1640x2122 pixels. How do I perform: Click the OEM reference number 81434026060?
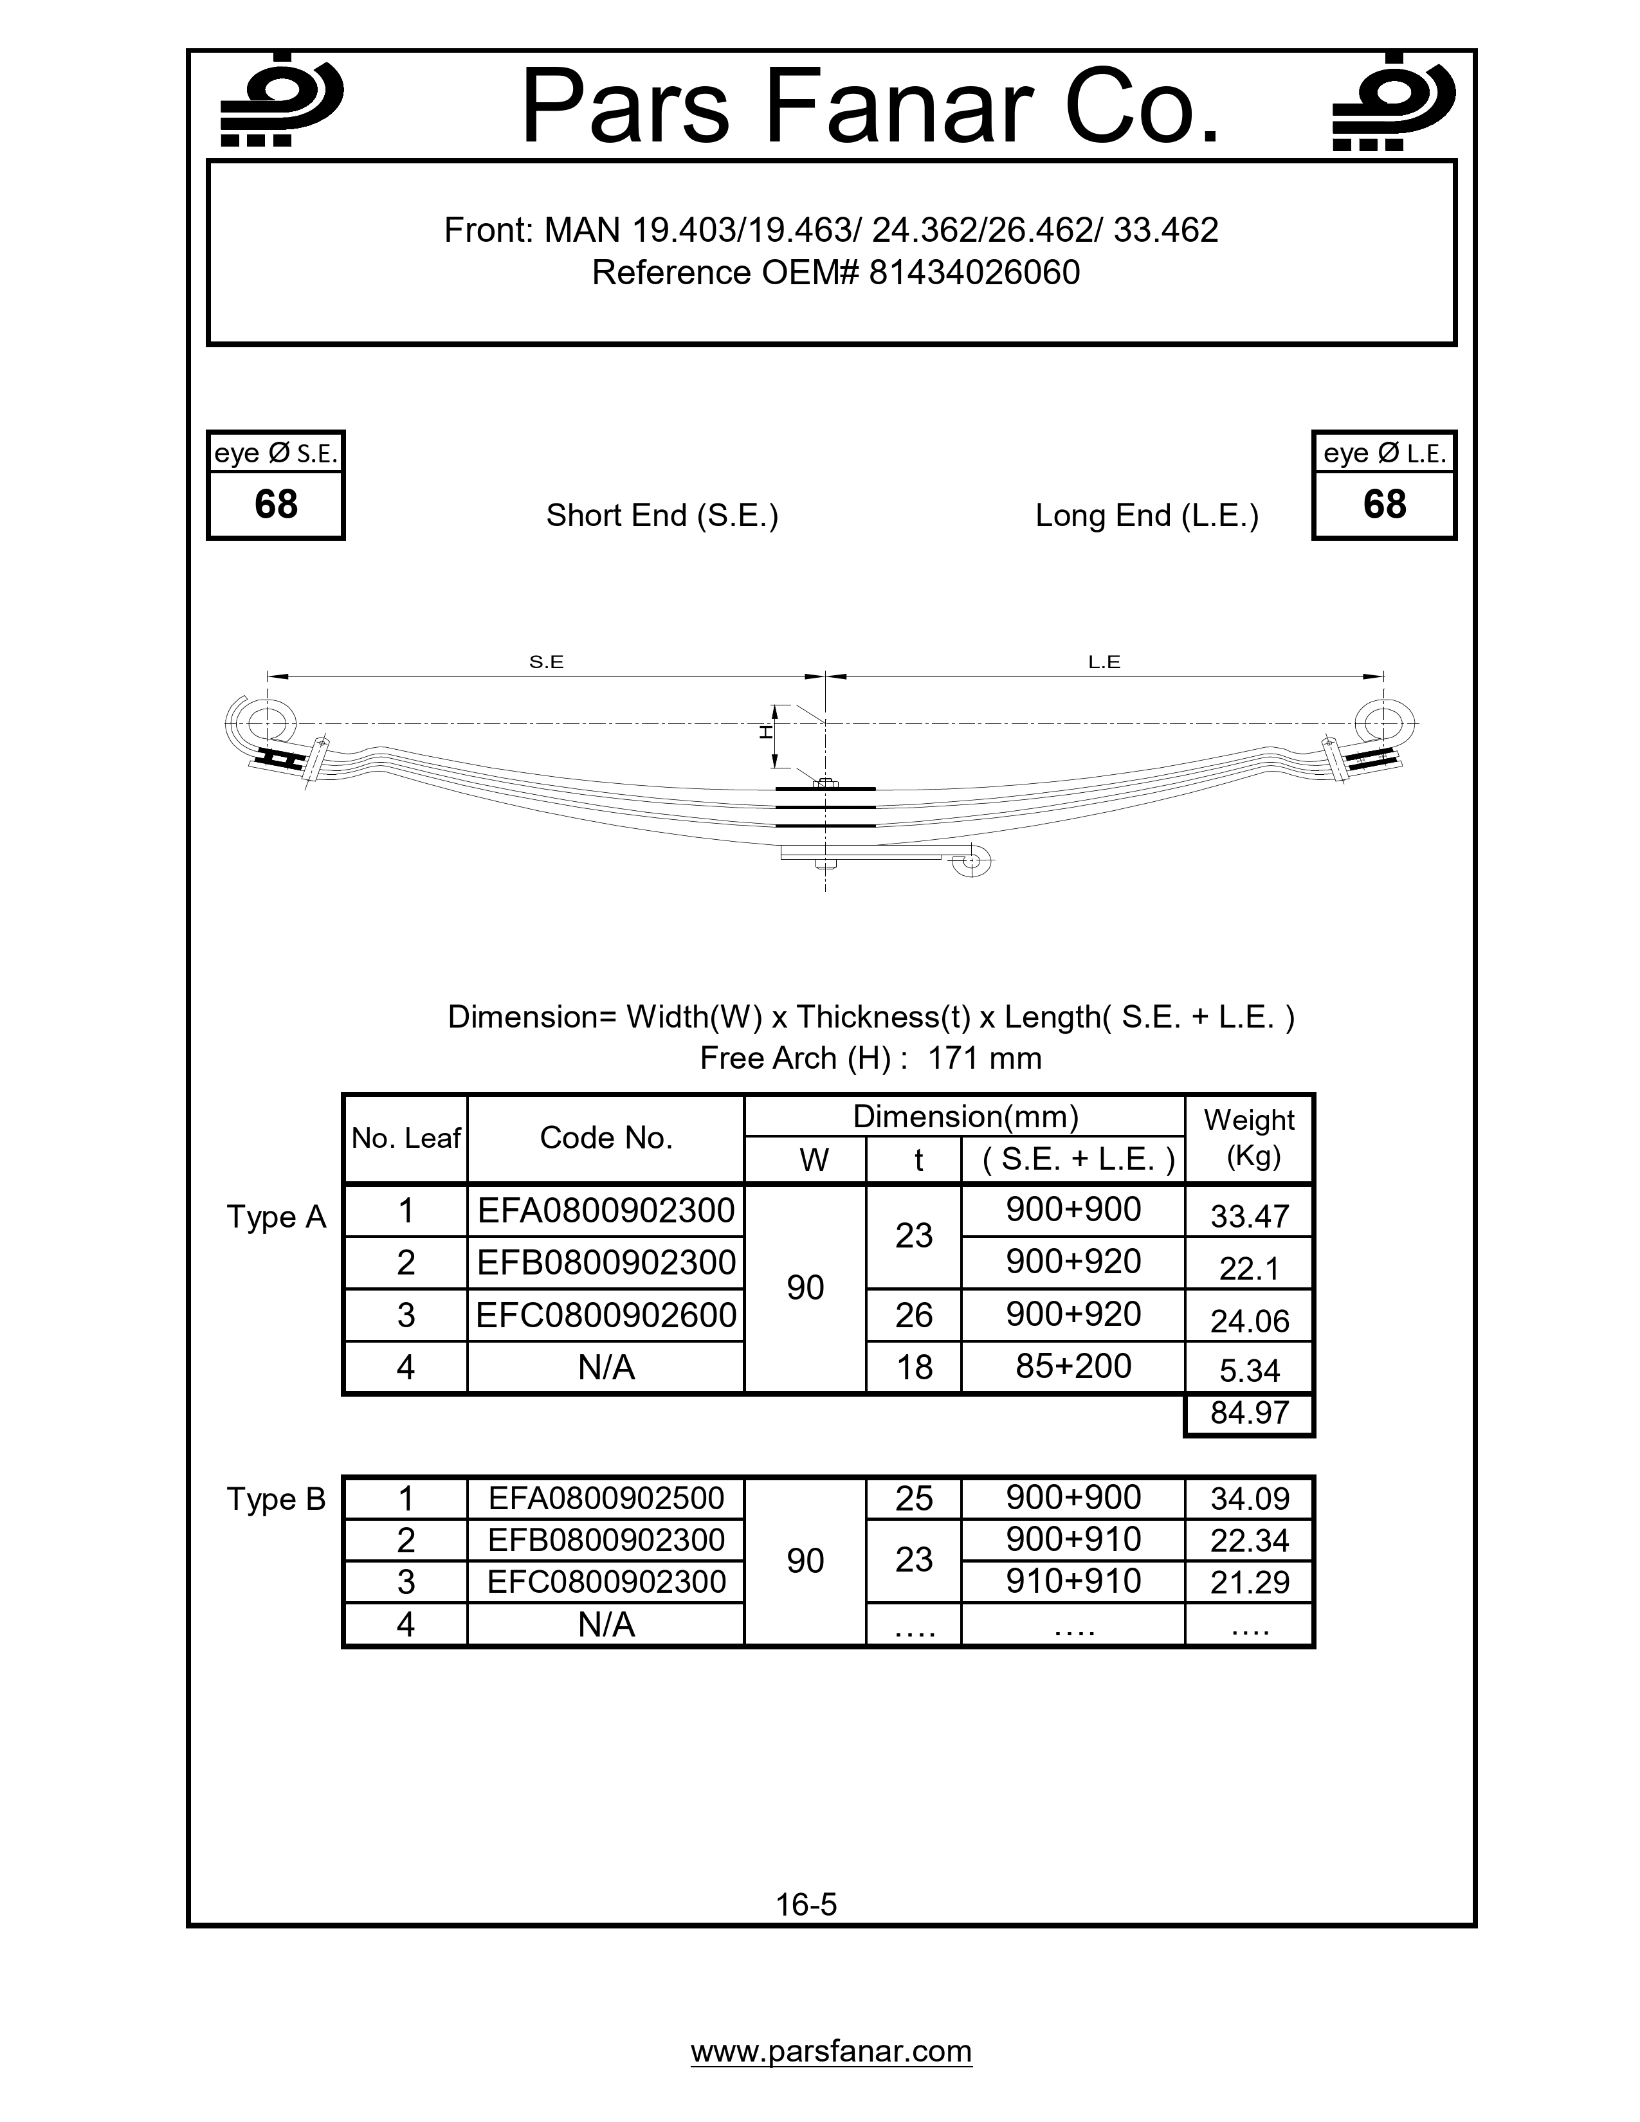974,273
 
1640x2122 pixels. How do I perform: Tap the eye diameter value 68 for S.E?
276,504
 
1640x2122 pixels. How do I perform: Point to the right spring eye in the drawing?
1383,724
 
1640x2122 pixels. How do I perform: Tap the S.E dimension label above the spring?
546,662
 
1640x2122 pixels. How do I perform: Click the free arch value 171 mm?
983,1058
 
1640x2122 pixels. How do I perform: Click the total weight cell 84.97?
1248,1413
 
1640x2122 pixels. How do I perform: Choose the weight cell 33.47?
1248,1215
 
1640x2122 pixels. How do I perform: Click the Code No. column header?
606,1138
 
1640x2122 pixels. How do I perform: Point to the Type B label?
276,1499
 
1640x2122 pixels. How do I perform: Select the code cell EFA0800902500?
606,1498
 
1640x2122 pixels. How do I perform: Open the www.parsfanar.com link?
831,2051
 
